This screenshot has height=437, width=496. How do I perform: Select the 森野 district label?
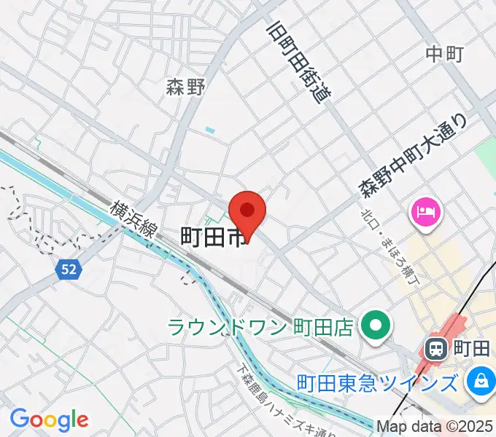[185, 87]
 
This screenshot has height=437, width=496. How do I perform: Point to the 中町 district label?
[445, 53]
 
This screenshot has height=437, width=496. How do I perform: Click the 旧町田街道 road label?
[299, 61]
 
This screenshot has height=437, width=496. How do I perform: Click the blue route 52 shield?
[68, 269]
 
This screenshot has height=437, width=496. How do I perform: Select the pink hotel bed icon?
[425, 213]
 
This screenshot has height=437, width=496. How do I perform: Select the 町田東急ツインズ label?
[379, 382]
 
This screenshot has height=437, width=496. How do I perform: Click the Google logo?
[49, 420]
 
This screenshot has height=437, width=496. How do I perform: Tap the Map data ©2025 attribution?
[435, 426]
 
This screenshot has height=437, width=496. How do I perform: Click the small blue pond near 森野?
[210, 130]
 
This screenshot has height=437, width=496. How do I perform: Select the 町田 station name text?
[471, 349]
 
